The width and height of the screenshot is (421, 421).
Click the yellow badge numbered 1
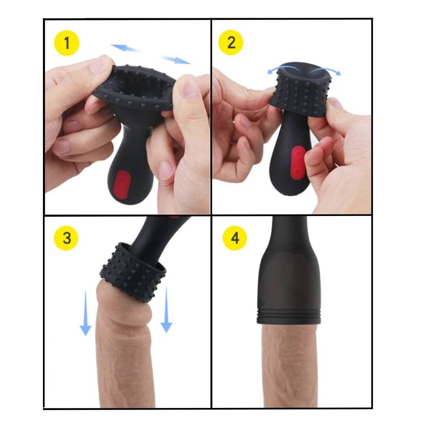[67, 43]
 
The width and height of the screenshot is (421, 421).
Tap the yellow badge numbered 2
[231, 43]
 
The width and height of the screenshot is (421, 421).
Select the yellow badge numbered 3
[67, 238]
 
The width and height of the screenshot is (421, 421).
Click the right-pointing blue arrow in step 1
[176, 59]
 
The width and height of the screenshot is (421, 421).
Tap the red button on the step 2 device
[298, 163]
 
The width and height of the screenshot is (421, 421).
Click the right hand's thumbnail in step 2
[336, 103]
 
